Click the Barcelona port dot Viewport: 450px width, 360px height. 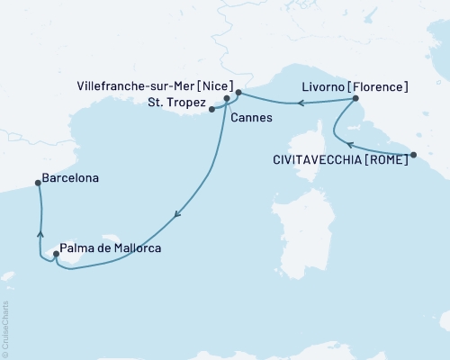click(x=38, y=183)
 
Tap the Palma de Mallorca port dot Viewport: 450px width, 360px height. click(x=57, y=254)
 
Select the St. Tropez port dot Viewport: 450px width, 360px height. click(x=212, y=110)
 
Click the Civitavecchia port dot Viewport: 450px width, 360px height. click(x=413, y=155)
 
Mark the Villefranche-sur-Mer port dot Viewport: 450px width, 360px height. click(x=238, y=92)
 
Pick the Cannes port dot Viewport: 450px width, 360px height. click(x=227, y=100)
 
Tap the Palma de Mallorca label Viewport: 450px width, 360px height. click(x=112, y=248)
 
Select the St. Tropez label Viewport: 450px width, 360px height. click(x=174, y=104)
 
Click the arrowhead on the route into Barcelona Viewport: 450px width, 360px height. click(x=40, y=233)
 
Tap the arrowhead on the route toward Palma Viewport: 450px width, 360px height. click(x=178, y=214)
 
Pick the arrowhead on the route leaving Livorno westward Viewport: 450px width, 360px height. click(x=301, y=103)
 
